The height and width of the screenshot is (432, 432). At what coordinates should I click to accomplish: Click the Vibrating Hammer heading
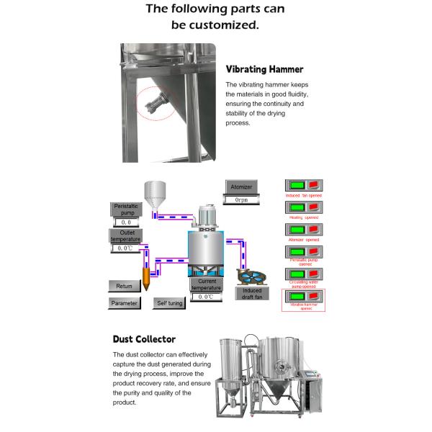tap(264, 70)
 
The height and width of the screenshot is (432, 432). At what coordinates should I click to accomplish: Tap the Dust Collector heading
tap(144, 338)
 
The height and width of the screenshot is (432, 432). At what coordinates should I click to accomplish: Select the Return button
tap(124, 286)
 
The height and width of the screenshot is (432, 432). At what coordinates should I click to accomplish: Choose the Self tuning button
tap(170, 303)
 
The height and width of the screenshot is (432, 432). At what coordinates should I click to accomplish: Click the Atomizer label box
tap(241, 186)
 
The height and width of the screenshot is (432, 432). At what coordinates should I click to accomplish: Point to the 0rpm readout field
tap(241, 199)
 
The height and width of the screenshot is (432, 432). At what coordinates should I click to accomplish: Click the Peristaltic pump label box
tap(124, 210)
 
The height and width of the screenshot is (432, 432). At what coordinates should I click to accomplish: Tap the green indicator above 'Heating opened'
tap(295, 208)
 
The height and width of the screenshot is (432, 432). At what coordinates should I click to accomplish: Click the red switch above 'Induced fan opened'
tap(314, 186)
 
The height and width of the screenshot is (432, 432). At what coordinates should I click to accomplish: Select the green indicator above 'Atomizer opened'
tap(295, 230)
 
